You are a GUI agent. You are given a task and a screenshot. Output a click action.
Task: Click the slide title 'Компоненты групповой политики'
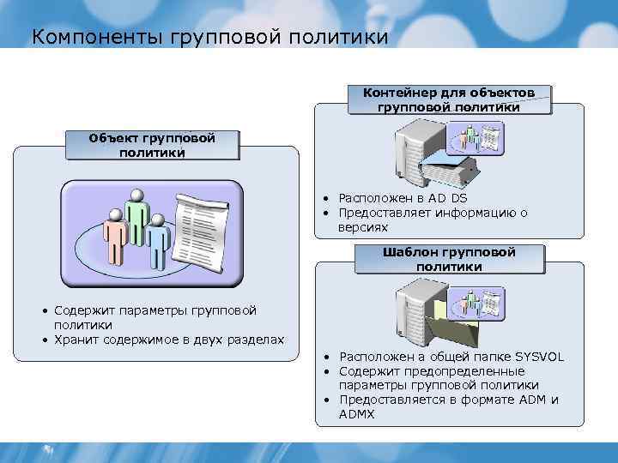[209, 37]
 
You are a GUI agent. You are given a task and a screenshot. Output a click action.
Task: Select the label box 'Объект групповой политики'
[152, 145]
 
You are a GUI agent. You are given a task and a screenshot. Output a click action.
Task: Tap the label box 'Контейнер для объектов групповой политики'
[449, 99]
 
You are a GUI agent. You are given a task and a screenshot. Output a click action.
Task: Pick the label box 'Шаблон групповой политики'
[449, 259]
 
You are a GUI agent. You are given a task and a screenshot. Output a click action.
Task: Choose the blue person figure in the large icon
[156, 242]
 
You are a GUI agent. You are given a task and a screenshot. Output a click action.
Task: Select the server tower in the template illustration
[414, 311]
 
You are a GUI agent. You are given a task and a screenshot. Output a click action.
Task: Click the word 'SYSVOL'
[539, 357]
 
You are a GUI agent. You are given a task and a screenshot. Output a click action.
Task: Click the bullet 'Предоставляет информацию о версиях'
[432, 220]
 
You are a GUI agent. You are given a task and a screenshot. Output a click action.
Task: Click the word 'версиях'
[363, 227]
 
